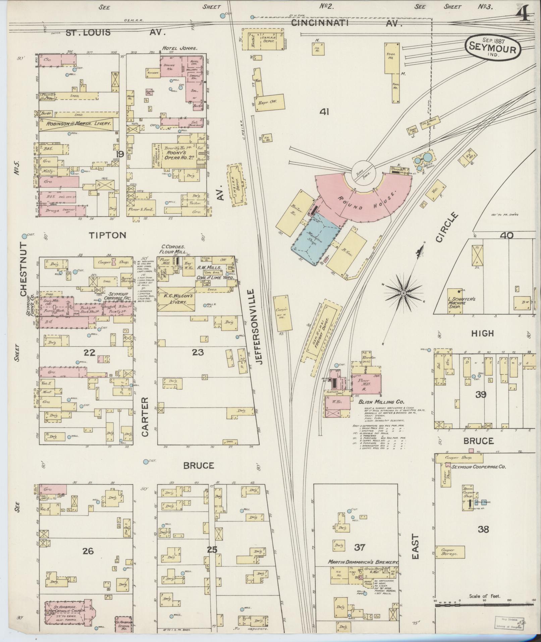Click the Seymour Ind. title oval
[x=493, y=47]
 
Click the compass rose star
[x=404, y=293]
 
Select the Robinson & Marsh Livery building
[x=78, y=124]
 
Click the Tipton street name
[x=107, y=235]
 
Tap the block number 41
[x=324, y=112]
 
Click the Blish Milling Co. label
[x=381, y=401]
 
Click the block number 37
[x=360, y=547]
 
